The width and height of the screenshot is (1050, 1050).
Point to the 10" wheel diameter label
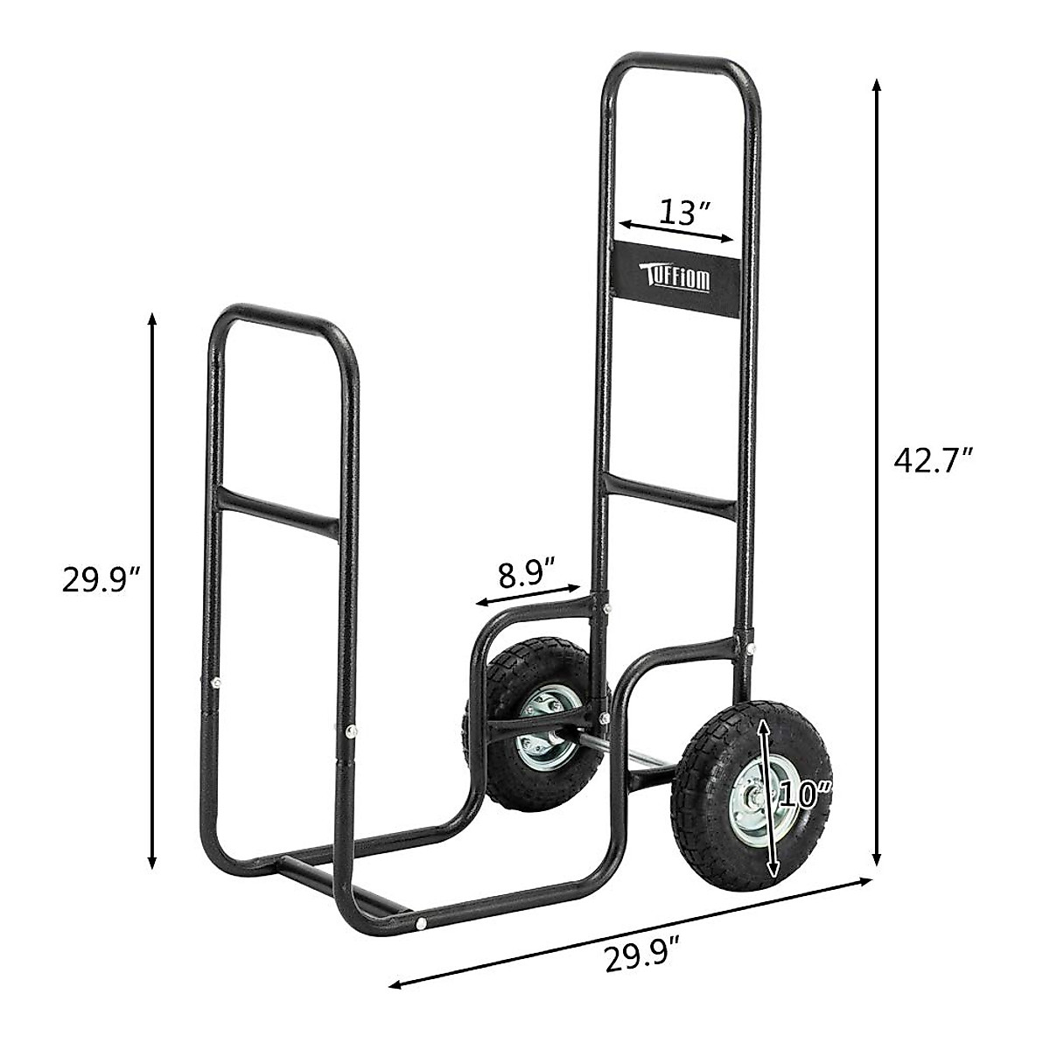pyautogui.click(x=803, y=794)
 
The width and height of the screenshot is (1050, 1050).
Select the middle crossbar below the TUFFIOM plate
pyautogui.click(x=669, y=493)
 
